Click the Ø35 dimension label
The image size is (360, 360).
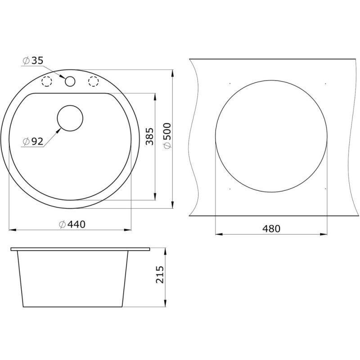click(33, 61)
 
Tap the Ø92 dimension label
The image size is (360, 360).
click(33, 142)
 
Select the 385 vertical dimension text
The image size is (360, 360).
click(149, 136)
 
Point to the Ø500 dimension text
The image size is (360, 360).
click(167, 136)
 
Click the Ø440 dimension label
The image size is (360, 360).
click(72, 224)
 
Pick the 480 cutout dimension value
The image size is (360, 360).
click(271, 229)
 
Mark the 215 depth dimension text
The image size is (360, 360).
click(160, 274)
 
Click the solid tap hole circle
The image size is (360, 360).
click(70, 81)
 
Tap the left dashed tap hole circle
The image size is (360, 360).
click(47, 81)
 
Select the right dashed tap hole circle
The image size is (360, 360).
click(94, 81)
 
